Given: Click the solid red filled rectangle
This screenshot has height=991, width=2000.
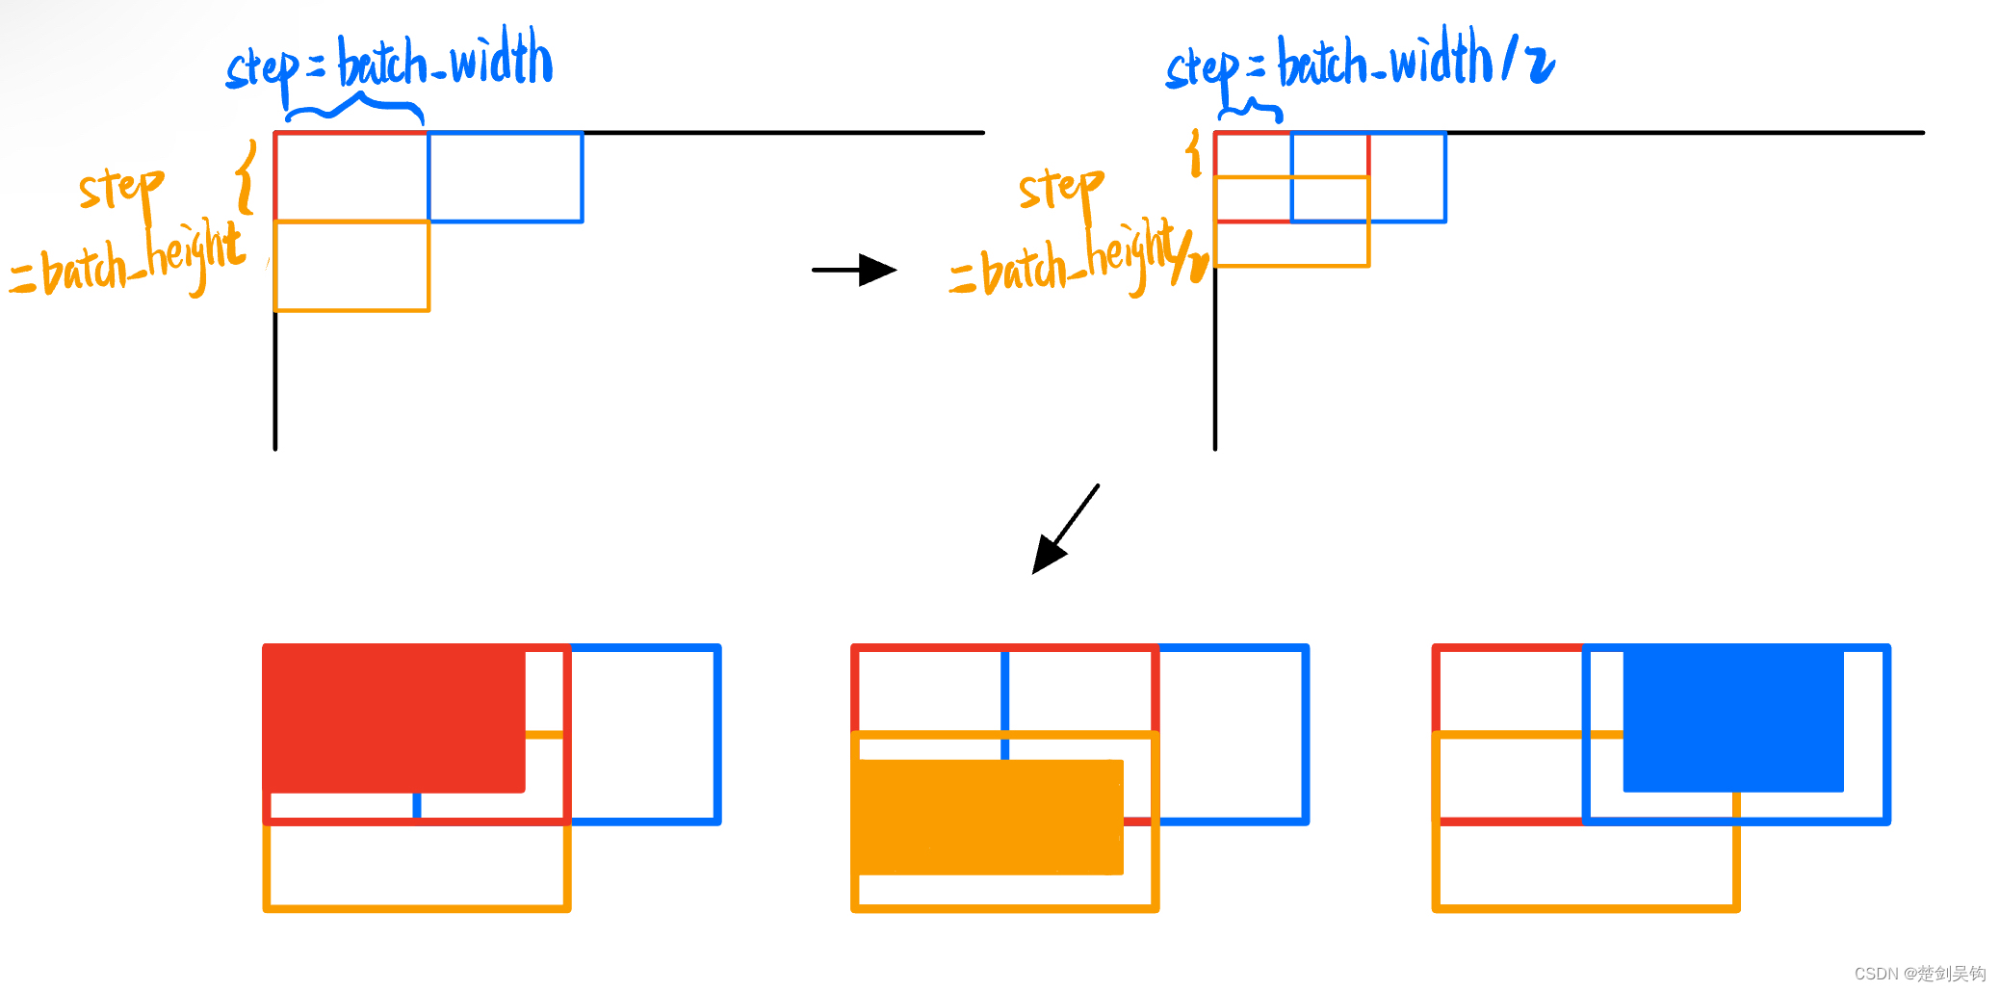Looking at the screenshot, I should pyautogui.click(x=393, y=718).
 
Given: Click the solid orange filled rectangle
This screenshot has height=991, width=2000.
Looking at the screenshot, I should pyautogui.click(x=988, y=818).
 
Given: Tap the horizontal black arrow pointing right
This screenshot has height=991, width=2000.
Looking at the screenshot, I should pyautogui.click(x=854, y=270).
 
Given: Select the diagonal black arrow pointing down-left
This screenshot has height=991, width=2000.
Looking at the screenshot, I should pyautogui.click(x=1064, y=530).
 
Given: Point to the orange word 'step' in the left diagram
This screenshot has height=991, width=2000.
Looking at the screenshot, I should pyautogui.click(x=120, y=188).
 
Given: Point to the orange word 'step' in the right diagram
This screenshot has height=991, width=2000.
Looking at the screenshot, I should pyautogui.click(x=1060, y=188).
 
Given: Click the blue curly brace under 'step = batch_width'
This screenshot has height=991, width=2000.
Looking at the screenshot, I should pyautogui.click(x=354, y=106).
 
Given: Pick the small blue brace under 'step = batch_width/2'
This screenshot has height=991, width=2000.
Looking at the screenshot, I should pyautogui.click(x=1251, y=109).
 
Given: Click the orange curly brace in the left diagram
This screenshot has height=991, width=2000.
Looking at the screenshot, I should pyautogui.click(x=247, y=176).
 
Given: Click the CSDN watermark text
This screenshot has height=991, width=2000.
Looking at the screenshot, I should pyautogui.click(x=1919, y=973).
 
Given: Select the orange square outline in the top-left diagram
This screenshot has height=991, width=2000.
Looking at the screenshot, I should pyautogui.click(x=352, y=310).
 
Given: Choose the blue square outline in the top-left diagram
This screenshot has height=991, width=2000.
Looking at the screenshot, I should pyautogui.click(x=582, y=178).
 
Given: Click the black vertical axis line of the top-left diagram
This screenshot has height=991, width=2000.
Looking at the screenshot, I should pyautogui.click(x=275, y=385).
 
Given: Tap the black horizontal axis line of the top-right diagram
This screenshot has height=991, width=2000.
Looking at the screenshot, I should pyautogui.click(x=1685, y=133).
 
